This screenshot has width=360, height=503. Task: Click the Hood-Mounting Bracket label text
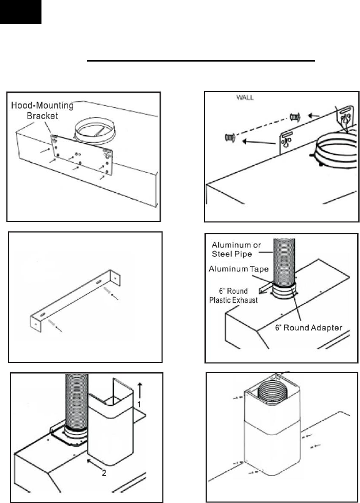click(x=42, y=110)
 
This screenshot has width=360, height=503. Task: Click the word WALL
click(x=245, y=97)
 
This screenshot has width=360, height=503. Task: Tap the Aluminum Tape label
click(x=238, y=269)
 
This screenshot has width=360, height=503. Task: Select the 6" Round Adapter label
click(x=309, y=327)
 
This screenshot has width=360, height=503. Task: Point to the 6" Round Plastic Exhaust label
click(x=233, y=295)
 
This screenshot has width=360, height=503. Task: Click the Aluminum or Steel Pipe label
click(x=236, y=249)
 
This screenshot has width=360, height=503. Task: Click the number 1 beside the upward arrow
click(x=139, y=404)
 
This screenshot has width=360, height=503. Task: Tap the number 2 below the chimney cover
click(x=104, y=473)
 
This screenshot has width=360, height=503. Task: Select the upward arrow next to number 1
click(x=140, y=390)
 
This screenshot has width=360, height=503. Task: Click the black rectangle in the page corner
click(x=21, y=12)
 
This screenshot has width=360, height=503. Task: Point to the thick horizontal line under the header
click(x=200, y=60)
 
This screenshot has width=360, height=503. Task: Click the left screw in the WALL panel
click(x=230, y=138)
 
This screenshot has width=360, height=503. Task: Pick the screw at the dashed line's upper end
click(x=295, y=117)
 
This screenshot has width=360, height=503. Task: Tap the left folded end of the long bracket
click(x=35, y=322)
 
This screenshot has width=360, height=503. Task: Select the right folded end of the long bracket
click(x=115, y=277)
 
